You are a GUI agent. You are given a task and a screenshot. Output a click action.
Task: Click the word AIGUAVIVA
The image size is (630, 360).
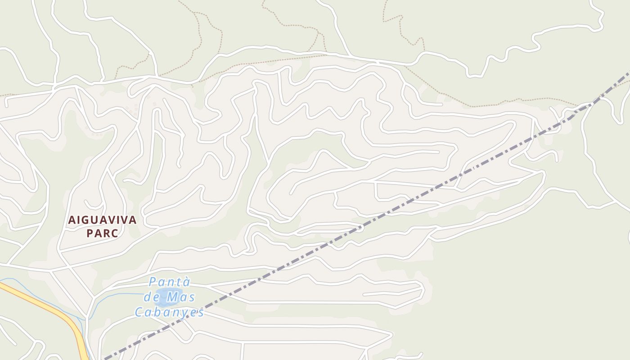[102, 220]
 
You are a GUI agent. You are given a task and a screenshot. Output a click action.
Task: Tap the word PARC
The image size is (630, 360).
[102, 234]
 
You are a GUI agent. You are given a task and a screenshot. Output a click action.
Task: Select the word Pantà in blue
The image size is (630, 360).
[170, 282]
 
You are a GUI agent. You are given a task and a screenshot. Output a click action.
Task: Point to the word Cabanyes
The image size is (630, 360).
[170, 312]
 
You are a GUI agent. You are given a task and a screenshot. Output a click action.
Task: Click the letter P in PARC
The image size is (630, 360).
[89, 234]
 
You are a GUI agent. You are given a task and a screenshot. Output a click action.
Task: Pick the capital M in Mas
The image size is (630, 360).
[172, 297]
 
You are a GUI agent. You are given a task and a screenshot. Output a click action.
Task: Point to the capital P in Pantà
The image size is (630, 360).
[152, 282]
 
